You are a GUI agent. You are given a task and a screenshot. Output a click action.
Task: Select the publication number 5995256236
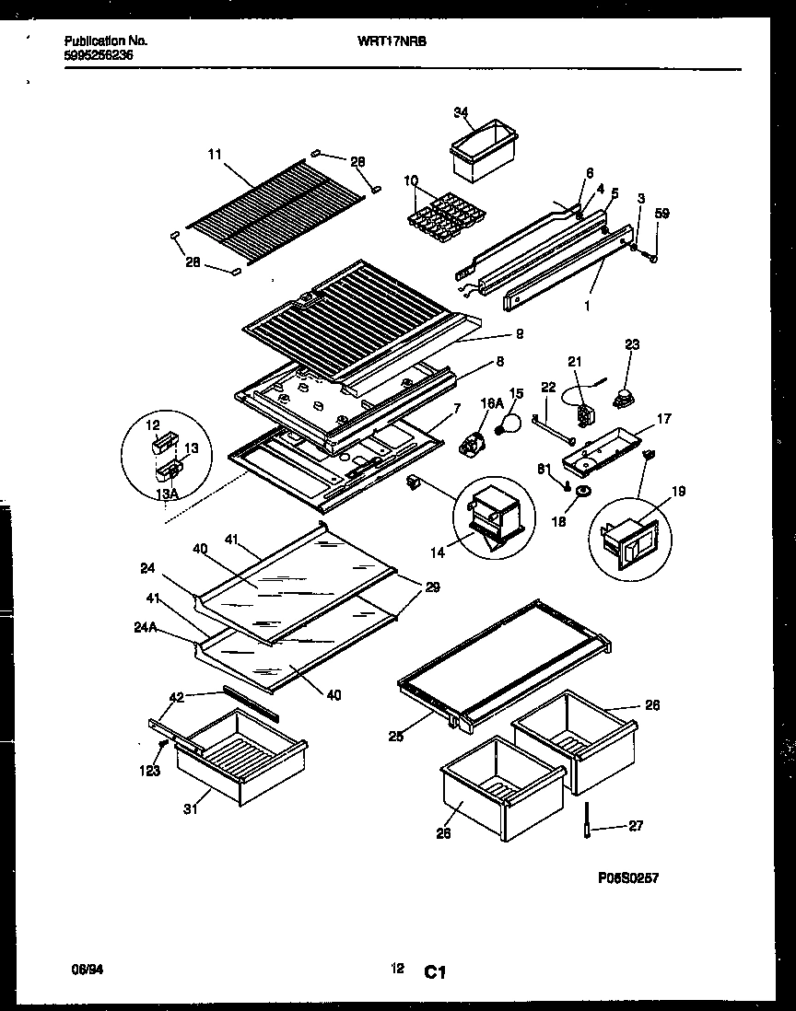[100, 55]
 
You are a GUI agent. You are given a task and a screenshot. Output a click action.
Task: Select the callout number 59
[661, 215]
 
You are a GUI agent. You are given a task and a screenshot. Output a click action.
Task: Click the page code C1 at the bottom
[435, 971]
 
